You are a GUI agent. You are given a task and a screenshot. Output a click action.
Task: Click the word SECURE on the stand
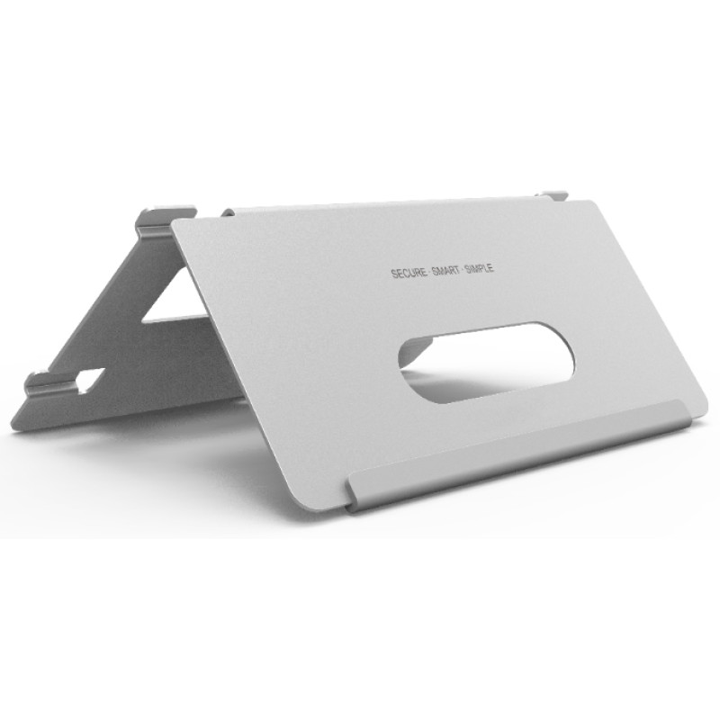(409, 274)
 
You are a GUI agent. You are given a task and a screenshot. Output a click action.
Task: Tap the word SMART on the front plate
(445, 271)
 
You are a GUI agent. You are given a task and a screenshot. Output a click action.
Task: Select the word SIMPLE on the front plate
(480, 268)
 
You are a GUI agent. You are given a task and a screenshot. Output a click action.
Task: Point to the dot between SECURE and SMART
(429, 273)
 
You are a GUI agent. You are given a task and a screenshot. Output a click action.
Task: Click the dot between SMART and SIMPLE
(462, 270)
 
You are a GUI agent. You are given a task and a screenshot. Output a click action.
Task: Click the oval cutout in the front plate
(487, 363)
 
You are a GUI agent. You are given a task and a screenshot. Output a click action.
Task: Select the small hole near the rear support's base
(91, 380)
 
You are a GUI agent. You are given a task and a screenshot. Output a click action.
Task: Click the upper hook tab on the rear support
(166, 220)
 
